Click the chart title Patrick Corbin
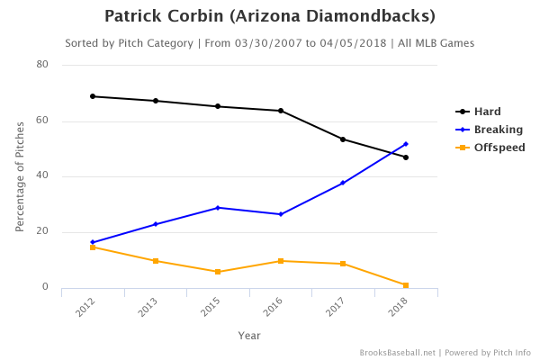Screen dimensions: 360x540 click(x=269, y=16)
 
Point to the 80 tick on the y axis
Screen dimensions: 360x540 click(x=42, y=65)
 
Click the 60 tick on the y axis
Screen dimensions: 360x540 click(x=42, y=121)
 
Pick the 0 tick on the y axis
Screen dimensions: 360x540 click(x=45, y=288)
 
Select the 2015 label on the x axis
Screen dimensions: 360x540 click(x=211, y=308)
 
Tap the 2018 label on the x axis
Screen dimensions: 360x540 click(x=399, y=308)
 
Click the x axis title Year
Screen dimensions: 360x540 click(x=249, y=335)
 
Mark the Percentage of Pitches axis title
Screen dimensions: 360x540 click(x=20, y=176)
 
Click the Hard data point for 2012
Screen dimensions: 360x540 click(x=93, y=96)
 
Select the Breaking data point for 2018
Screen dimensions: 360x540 click(x=406, y=144)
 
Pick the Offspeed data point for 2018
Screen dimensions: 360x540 click(x=406, y=285)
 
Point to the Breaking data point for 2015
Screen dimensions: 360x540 click(x=218, y=208)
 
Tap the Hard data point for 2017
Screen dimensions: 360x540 click(x=343, y=139)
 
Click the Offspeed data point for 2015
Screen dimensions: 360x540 click(x=218, y=272)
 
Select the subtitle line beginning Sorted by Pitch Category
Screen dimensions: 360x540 click(x=269, y=43)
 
